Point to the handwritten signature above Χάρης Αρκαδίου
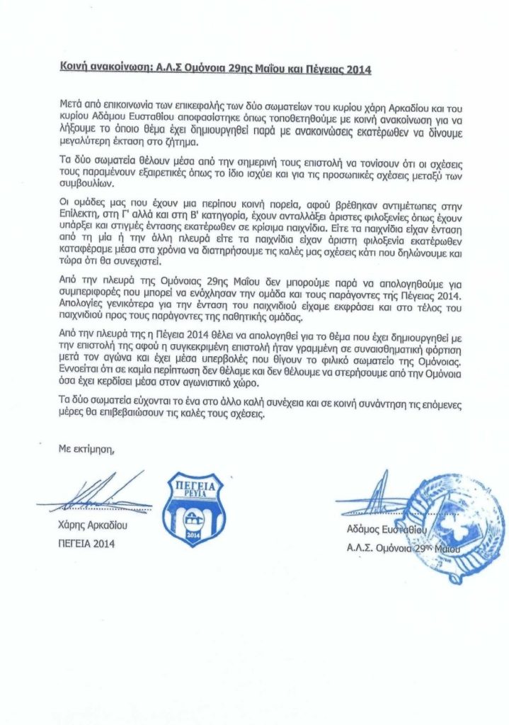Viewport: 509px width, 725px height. (x=106, y=495)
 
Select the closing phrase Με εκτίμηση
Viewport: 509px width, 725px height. (x=84, y=448)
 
